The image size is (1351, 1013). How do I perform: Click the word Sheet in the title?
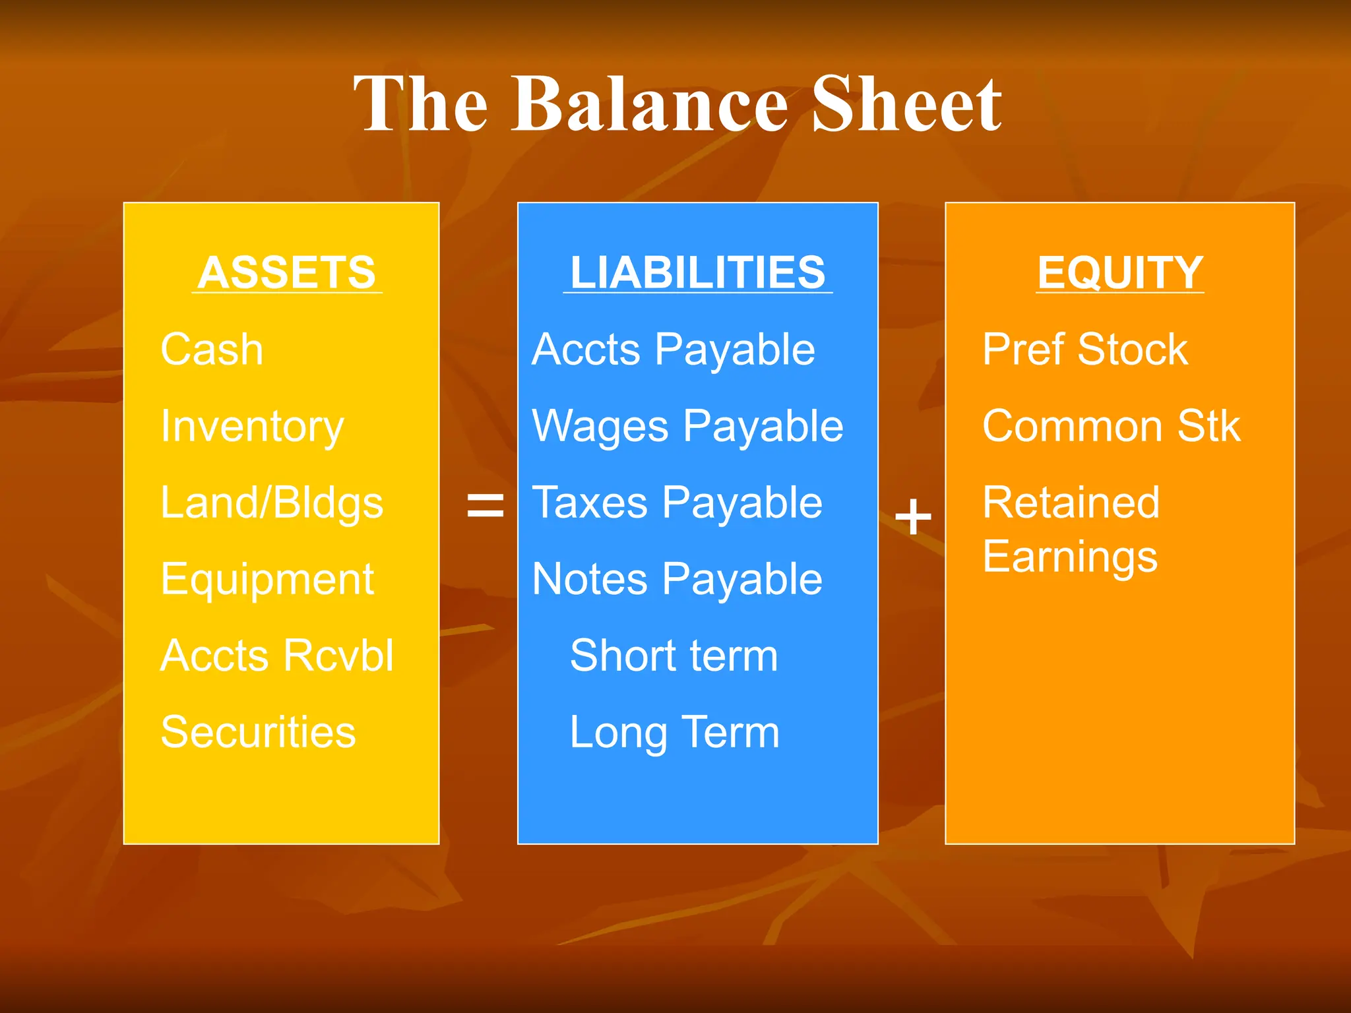pos(907,104)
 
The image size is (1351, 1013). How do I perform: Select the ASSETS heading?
pos(287,272)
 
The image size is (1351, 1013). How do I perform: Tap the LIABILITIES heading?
pos(697,272)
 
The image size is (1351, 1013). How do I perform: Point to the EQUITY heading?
pos(1120,272)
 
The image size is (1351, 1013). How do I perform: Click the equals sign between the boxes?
pos(486,506)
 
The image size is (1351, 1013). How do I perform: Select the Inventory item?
pos(252,427)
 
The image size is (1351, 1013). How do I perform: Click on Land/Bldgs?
pos(272,503)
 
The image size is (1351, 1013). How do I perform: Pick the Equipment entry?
pos(267,580)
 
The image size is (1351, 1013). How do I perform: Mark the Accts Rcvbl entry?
pos(277,656)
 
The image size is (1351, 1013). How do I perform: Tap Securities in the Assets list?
pos(258,732)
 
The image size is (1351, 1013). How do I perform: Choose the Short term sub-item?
pos(674,656)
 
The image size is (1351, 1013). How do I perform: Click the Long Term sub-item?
pos(674,732)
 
